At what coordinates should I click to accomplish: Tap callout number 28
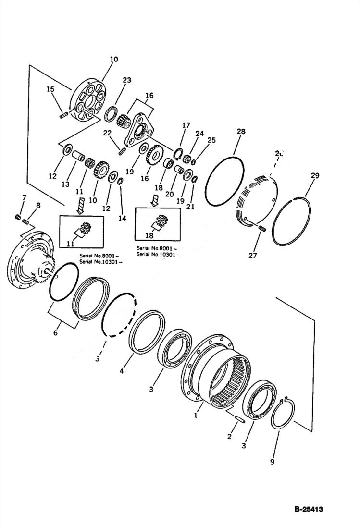click(241, 131)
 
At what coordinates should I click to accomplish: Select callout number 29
click(315, 176)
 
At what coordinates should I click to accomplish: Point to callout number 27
click(253, 255)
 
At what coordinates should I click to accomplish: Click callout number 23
click(126, 81)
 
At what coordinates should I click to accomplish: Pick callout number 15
click(50, 89)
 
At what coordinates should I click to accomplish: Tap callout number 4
click(122, 371)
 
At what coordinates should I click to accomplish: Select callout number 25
click(211, 141)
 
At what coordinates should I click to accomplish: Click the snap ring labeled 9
click(283, 412)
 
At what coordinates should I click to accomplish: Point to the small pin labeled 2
click(238, 418)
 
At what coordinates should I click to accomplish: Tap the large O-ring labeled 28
click(224, 180)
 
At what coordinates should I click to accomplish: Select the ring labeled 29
click(291, 221)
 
